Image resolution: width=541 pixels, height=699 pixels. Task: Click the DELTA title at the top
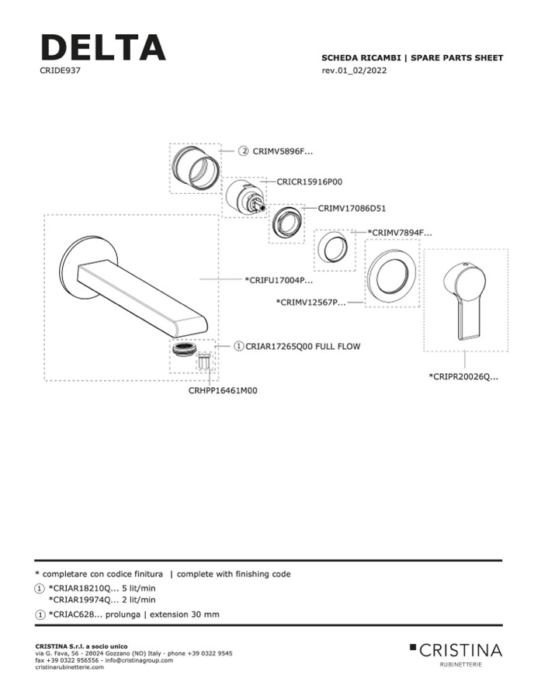coord(102,47)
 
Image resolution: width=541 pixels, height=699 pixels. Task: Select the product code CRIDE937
coord(61,71)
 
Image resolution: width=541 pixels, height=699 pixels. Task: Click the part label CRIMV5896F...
coord(283,152)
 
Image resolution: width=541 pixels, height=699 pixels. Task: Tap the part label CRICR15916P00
coord(310,182)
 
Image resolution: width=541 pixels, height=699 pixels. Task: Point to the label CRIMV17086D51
coord(352,208)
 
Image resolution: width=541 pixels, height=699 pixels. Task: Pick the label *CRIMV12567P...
coord(310,302)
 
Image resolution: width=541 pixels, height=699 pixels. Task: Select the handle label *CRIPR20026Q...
coord(463,377)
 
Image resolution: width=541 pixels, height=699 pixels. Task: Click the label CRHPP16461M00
coord(223,391)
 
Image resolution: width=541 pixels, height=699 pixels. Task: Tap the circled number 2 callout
coord(243,152)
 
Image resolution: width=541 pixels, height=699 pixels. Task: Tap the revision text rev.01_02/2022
coord(354,71)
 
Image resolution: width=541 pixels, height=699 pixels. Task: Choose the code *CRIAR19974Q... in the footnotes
coord(102,600)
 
